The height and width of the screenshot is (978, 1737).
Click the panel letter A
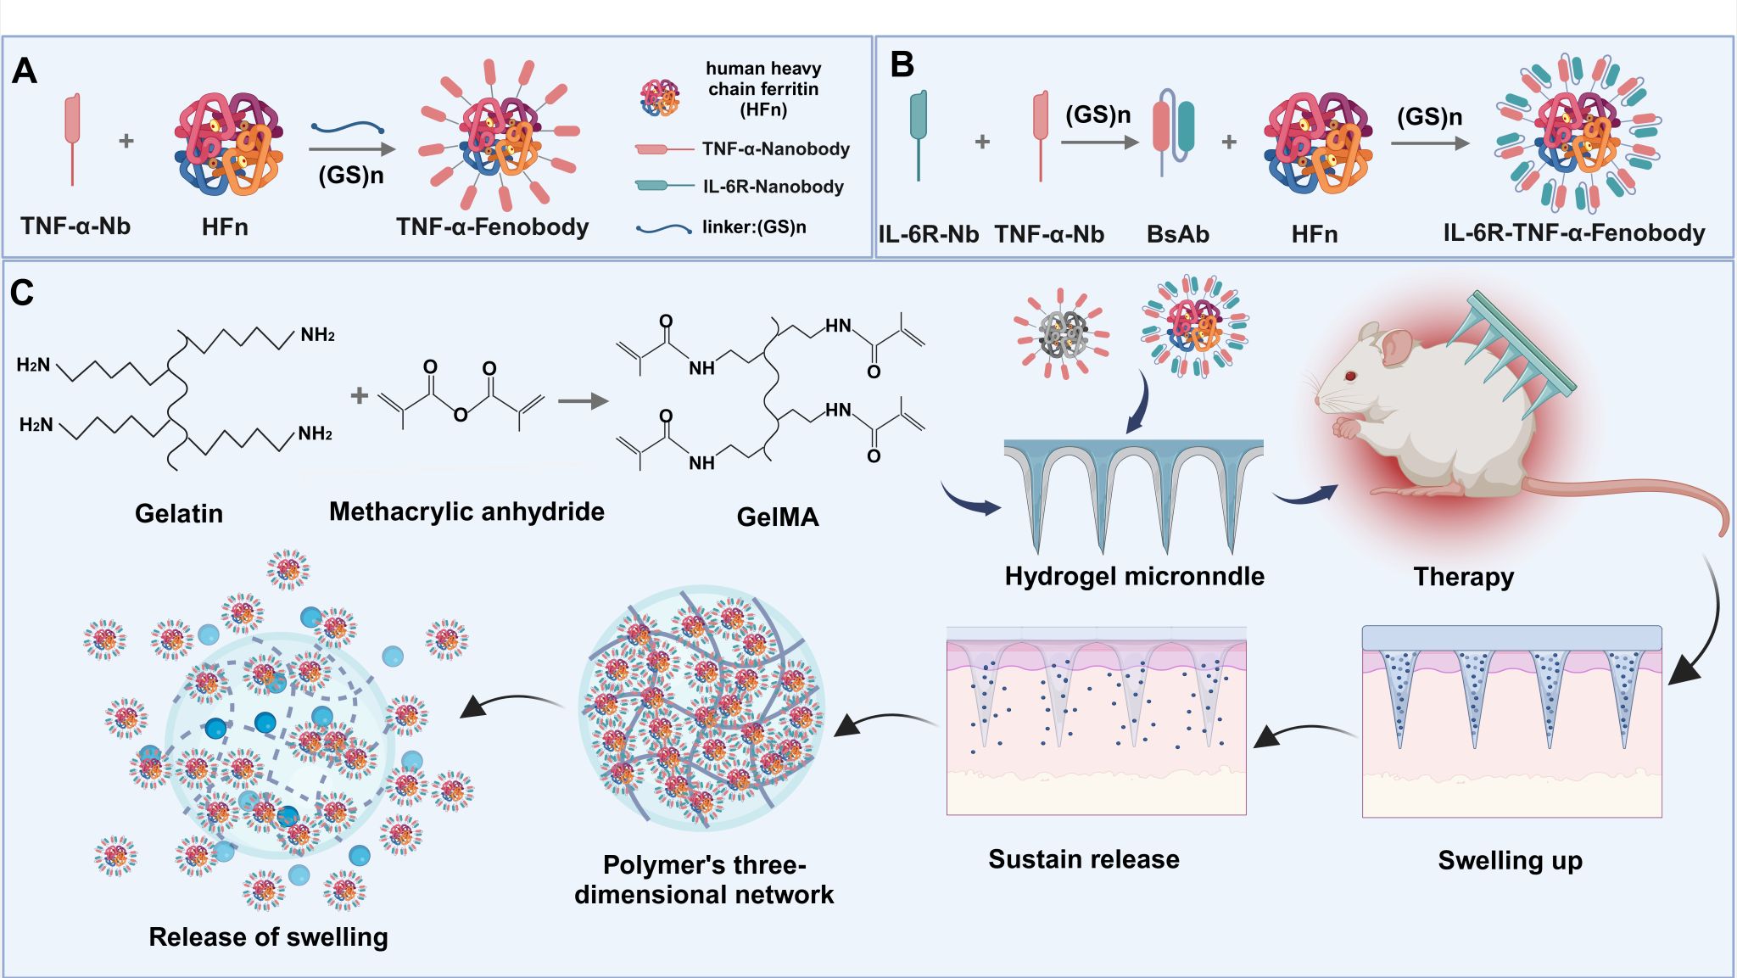[x=25, y=71]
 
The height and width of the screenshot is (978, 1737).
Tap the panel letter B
[x=902, y=65]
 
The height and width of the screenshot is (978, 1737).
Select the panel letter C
[x=22, y=293]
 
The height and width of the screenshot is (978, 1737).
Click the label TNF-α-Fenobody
[x=492, y=227]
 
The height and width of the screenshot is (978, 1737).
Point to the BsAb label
[x=1177, y=234]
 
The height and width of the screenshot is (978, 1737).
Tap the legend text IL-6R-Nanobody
[x=773, y=187]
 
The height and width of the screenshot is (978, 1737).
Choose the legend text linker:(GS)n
[x=754, y=227]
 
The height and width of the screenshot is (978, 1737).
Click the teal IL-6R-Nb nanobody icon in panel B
[x=918, y=127]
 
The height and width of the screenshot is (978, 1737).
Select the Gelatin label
[x=179, y=513]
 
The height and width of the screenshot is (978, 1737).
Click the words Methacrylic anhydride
[x=466, y=511]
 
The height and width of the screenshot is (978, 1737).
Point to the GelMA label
[x=777, y=517]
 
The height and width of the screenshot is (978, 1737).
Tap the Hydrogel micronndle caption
[x=1134, y=577]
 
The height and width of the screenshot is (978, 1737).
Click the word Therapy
[x=1463, y=577]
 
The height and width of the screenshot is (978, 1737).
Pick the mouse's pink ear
[x=1395, y=346]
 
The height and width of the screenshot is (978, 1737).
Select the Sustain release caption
[x=1083, y=859]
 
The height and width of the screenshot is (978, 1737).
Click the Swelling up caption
[x=1510, y=860]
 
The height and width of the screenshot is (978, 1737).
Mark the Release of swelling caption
[x=268, y=936]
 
